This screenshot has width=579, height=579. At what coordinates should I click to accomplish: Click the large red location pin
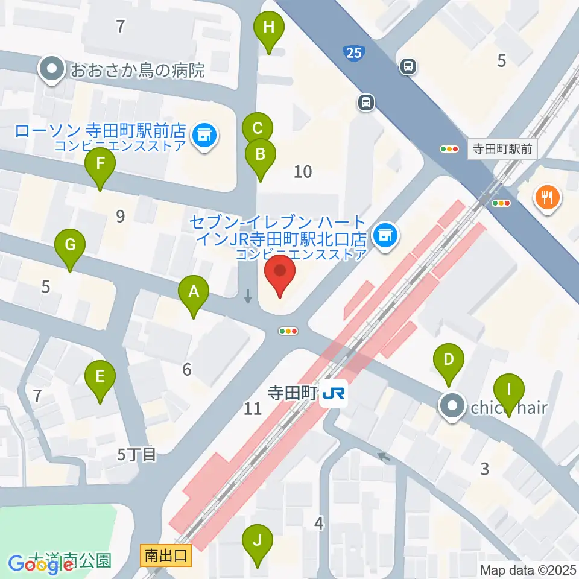pyautogui.click(x=280, y=276)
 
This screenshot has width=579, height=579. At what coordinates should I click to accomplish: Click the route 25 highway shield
pyautogui.click(x=354, y=54)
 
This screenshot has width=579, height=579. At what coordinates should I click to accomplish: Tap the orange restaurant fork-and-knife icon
pyautogui.click(x=548, y=198)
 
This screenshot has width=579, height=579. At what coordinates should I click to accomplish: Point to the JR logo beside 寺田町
pyautogui.click(x=334, y=393)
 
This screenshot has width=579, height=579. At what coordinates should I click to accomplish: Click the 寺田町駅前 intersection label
pyautogui.click(x=502, y=149)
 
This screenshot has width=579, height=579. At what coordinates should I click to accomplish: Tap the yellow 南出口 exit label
pyautogui.click(x=166, y=554)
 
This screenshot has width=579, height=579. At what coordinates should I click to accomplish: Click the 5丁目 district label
pyautogui.click(x=137, y=455)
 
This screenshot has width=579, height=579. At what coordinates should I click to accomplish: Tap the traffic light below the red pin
pyautogui.click(x=289, y=331)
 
